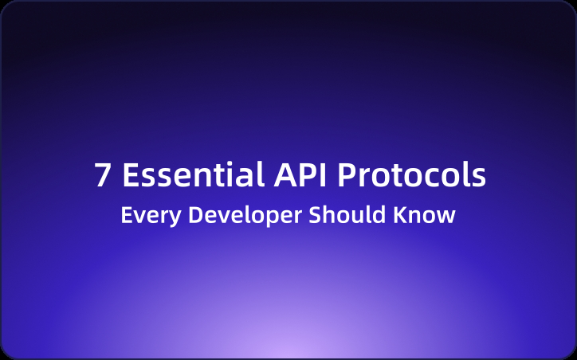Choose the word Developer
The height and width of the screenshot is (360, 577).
point(236,216)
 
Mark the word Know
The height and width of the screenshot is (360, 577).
point(427,215)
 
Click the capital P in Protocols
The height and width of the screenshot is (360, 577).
point(345,176)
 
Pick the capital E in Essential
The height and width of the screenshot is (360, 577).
point(131,176)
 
